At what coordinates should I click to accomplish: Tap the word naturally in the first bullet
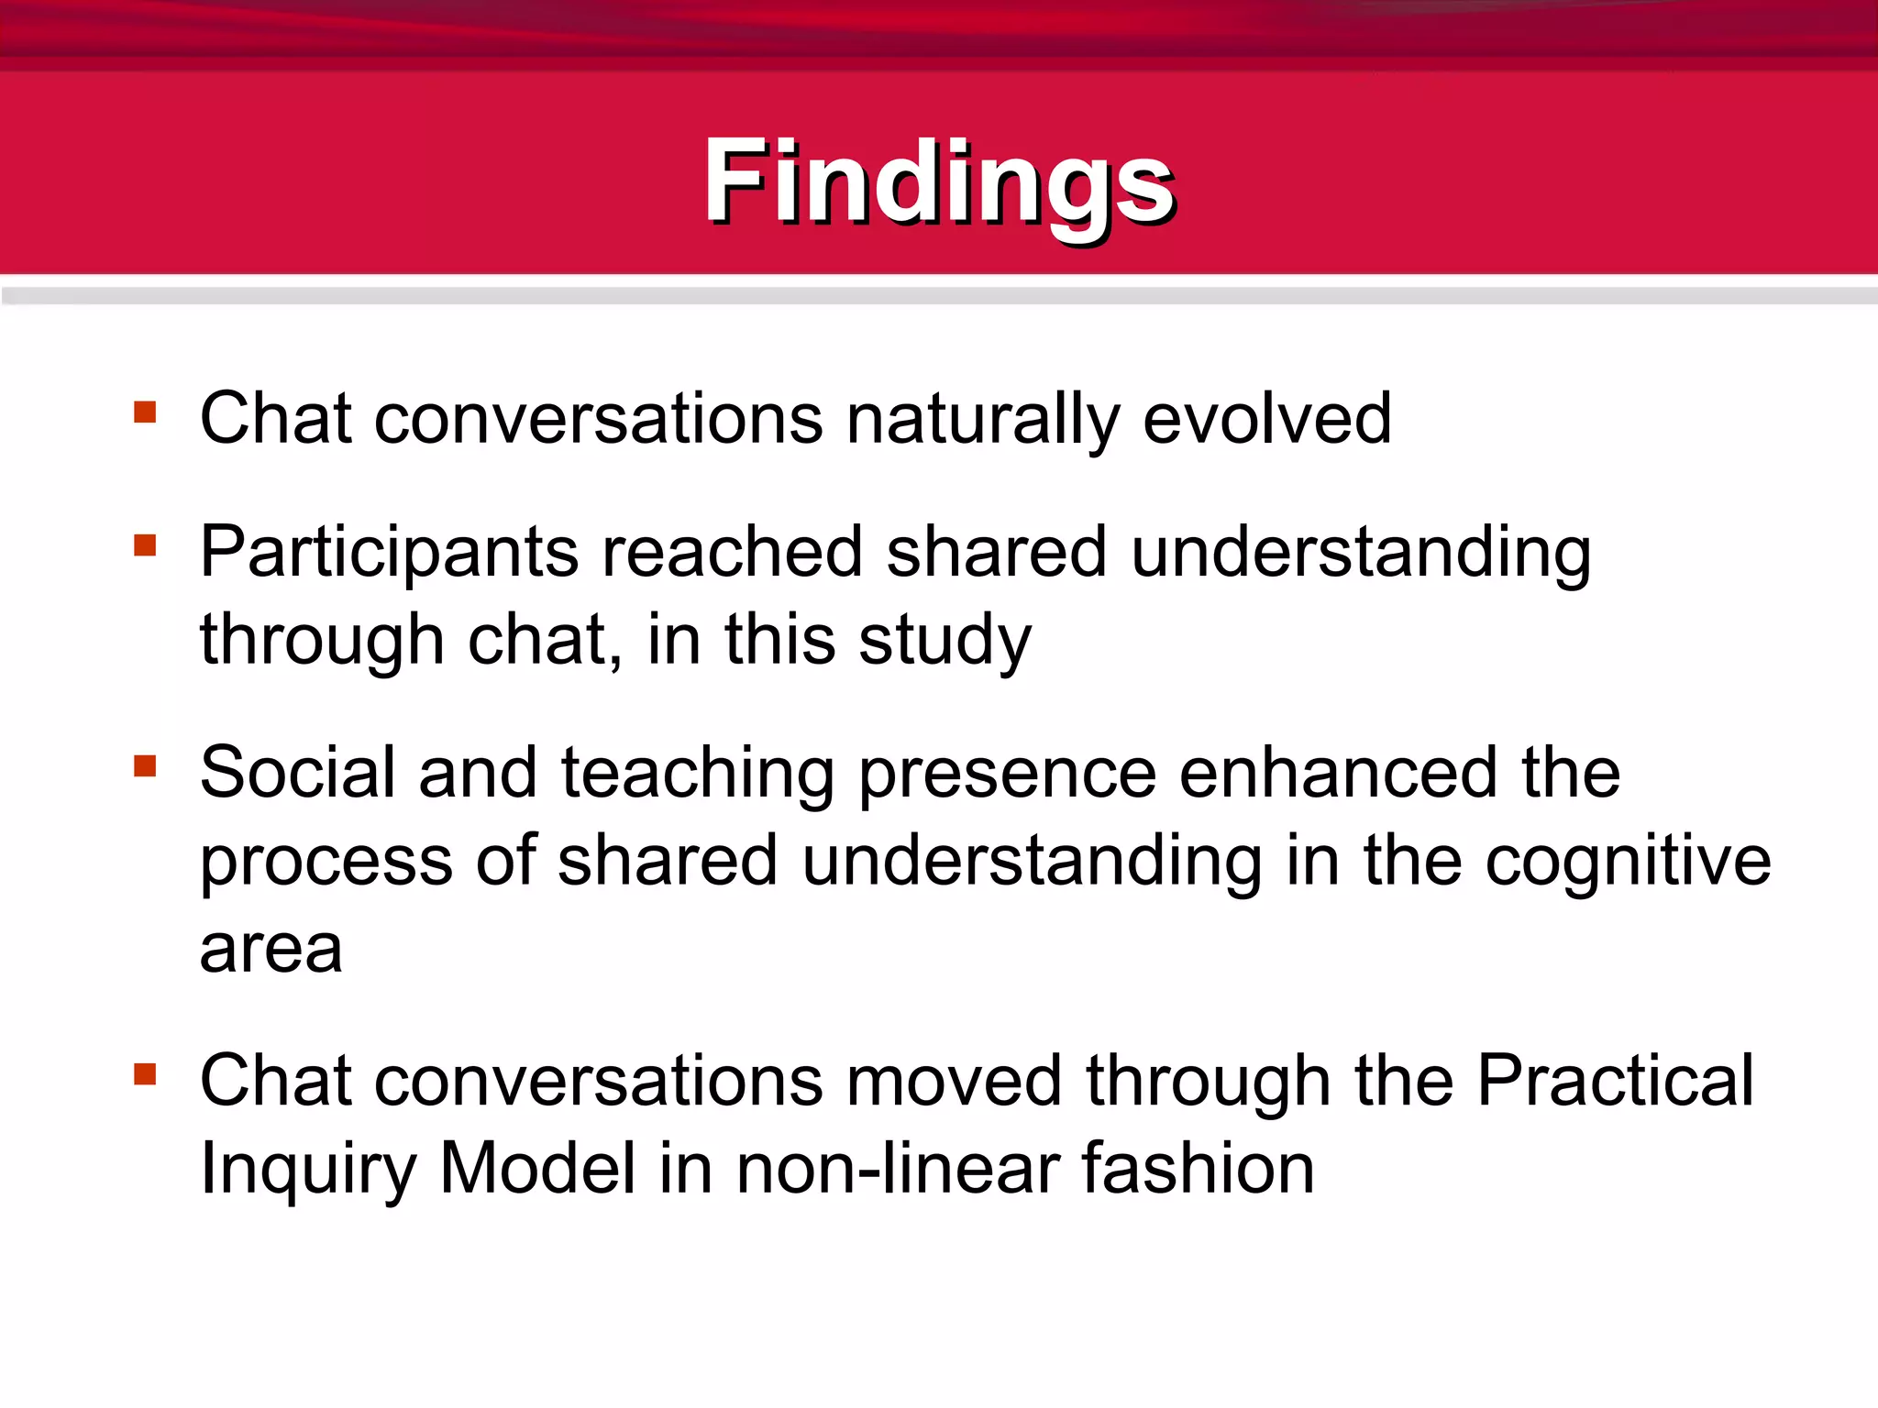tap(983, 419)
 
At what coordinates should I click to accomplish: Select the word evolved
tap(1267, 419)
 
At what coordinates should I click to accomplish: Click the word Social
tap(298, 773)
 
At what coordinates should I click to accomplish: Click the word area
tap(271, 950)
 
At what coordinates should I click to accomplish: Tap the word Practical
tap(1615, 1081)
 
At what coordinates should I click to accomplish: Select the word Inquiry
tap(308, 1170)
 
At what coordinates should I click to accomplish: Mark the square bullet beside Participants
tap(145, 545)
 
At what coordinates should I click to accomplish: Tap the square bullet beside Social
tap(145, 765)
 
